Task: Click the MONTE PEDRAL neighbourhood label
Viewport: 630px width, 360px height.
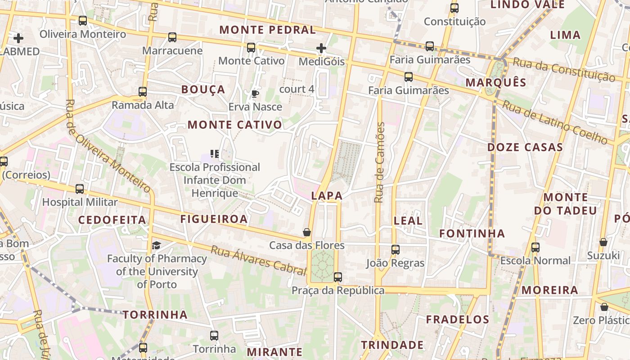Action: tap(267, 30)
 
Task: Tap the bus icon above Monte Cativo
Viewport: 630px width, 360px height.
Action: tap(251, 47)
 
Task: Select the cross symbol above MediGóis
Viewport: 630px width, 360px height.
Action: tap(321, 48)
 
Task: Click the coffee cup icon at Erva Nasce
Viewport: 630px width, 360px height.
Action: tap(255, 94)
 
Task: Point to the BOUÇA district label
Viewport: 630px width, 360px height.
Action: tap(203, 89)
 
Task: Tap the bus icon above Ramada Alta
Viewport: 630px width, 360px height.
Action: tap(143, 91)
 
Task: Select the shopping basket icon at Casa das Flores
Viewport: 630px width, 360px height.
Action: tap(307, 232)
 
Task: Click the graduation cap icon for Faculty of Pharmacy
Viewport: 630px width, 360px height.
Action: tap(156, 245)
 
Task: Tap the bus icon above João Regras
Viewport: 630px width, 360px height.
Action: tap(396, 249)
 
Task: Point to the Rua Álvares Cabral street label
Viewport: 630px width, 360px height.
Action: tap(258, 260)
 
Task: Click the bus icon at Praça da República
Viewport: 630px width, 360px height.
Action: tap(338, 277)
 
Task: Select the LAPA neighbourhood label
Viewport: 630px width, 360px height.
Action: tap(327, 196)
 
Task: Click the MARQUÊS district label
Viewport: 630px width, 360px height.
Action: tap(496, 82)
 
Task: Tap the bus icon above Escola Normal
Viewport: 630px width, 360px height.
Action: tap(535, 247)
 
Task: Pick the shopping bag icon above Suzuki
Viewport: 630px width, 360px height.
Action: tap(603, 242)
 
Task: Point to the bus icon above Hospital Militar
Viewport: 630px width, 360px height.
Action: tap(80, 189)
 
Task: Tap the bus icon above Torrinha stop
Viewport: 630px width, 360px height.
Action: tap(214, 335)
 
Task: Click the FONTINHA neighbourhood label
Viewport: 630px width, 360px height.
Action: tap(472, 233)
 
